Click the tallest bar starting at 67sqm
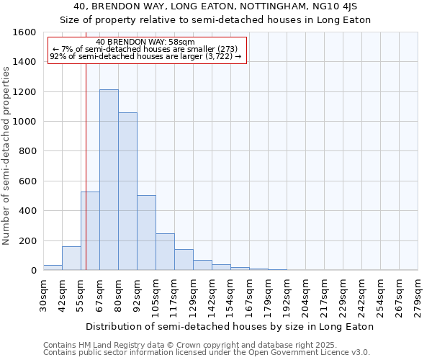(109, 180)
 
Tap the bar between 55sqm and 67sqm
(90, 230)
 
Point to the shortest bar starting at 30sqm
(53, 267)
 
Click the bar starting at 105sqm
(165, 251)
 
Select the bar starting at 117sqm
(184, 259)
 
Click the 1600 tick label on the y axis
(24, 32)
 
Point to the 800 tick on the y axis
(27, 151)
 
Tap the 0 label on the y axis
(34, 270)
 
